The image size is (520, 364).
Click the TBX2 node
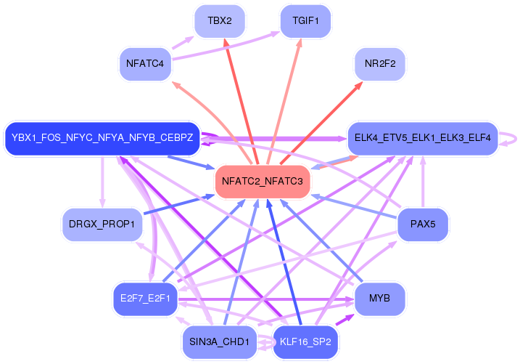pos(219,21)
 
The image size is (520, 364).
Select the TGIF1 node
pos(305,21)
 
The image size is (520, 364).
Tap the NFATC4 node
pos(144,64)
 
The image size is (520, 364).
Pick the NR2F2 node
pos(379,64)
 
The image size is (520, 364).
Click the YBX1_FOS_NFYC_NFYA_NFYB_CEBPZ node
pos(102,137)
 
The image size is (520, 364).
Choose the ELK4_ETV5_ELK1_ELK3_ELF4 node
pos(423,137)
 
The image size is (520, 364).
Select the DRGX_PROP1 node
pos(102,224)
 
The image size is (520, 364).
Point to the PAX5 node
pos(422,224)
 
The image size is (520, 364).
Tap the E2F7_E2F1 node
pos(145,299)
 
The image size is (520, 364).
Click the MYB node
pos(379,299)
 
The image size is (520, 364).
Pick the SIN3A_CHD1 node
pos(219,341)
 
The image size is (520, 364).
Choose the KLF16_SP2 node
pos(305,341)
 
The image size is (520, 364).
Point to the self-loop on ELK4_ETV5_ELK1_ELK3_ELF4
pos(513,138)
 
